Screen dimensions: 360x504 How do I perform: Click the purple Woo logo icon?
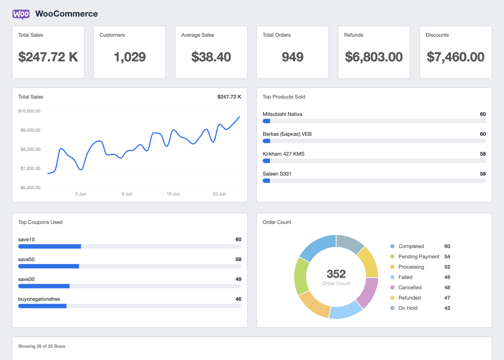(x=21, y=14)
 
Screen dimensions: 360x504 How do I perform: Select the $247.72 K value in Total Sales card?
(x=48, y=57)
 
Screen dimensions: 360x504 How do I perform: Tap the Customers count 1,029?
(x=130, y=57)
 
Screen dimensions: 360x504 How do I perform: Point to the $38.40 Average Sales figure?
(x=211, y=57)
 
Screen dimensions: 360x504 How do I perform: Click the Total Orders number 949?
(x=292, y=57)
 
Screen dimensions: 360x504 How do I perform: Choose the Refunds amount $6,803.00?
(x=374, y=57)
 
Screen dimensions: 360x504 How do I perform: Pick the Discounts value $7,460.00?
(x=456, y=57)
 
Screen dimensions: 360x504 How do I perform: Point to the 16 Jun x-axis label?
(x=173, y=194)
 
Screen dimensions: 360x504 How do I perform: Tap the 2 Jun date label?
(x=81, y=194)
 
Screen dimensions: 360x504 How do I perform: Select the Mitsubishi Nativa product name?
(x=282, y=114)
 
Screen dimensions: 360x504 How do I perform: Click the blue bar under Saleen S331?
(x=266, y=181)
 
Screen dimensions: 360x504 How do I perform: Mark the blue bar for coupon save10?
(x=50, y=246)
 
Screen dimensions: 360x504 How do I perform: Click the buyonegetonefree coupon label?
(x=39, y=299)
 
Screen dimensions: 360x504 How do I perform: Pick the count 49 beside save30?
(x=238, y=279)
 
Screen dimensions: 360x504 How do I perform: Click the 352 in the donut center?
(x=336, y=274)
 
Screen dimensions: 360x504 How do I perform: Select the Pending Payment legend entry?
(x=419, y=257)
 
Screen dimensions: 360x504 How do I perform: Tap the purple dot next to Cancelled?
(x=392, y=287)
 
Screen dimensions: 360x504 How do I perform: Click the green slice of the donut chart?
(x=300, y=276)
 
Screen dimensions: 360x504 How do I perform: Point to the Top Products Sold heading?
(x=284, y=97)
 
